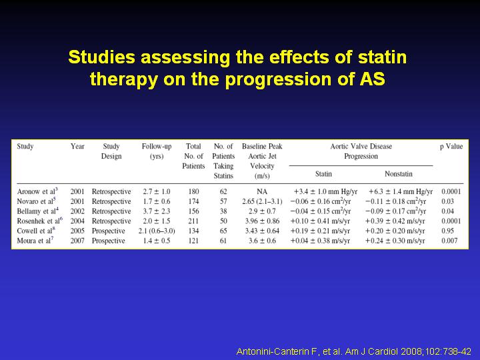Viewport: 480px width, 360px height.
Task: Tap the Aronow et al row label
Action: pyautogui.click(x=37, y=191)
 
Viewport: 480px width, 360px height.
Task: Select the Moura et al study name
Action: pyautogui.click(x=35, y=241)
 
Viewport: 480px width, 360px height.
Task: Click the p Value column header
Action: pyautogui.click(x=451, y=146)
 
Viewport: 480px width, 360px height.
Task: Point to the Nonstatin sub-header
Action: pyautogui.click(x=399, y=174)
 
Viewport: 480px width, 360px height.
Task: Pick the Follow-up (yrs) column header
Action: pyautogui.click(x=157, y=151)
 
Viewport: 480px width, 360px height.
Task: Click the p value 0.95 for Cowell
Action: pyautogui.click(x=447, y=231)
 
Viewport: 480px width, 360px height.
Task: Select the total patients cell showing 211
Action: pyautogui.click(x=193, y=221)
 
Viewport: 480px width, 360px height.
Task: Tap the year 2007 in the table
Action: pyautogui.click(x=77, y=241)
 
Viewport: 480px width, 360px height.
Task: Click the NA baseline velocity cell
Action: pyautogui.click(x=262, y=191)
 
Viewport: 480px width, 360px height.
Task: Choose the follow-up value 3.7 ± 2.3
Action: pyautogui.click(x=157, y=211)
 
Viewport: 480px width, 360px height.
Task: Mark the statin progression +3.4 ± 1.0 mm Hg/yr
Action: pyautogui.click(x=325, y=191)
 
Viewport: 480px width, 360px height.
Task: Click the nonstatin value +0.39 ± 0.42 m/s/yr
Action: pyautogui.click(x=395, y=221)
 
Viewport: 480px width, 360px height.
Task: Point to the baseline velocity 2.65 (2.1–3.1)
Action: pyautogui.click(x=262, y=201)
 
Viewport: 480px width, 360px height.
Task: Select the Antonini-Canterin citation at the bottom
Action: pyautogui.click(x=353, y=351)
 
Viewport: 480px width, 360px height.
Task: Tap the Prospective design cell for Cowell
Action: pyautogui.click(x=109, y=231)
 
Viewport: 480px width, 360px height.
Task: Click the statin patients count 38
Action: pyautogui.click(x=223, y=211)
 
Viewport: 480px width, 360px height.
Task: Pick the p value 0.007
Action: pyautogui.click(x=449, y=241)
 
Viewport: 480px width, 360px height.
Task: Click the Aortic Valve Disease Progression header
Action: pyautogui.click(x=361, y=151)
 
